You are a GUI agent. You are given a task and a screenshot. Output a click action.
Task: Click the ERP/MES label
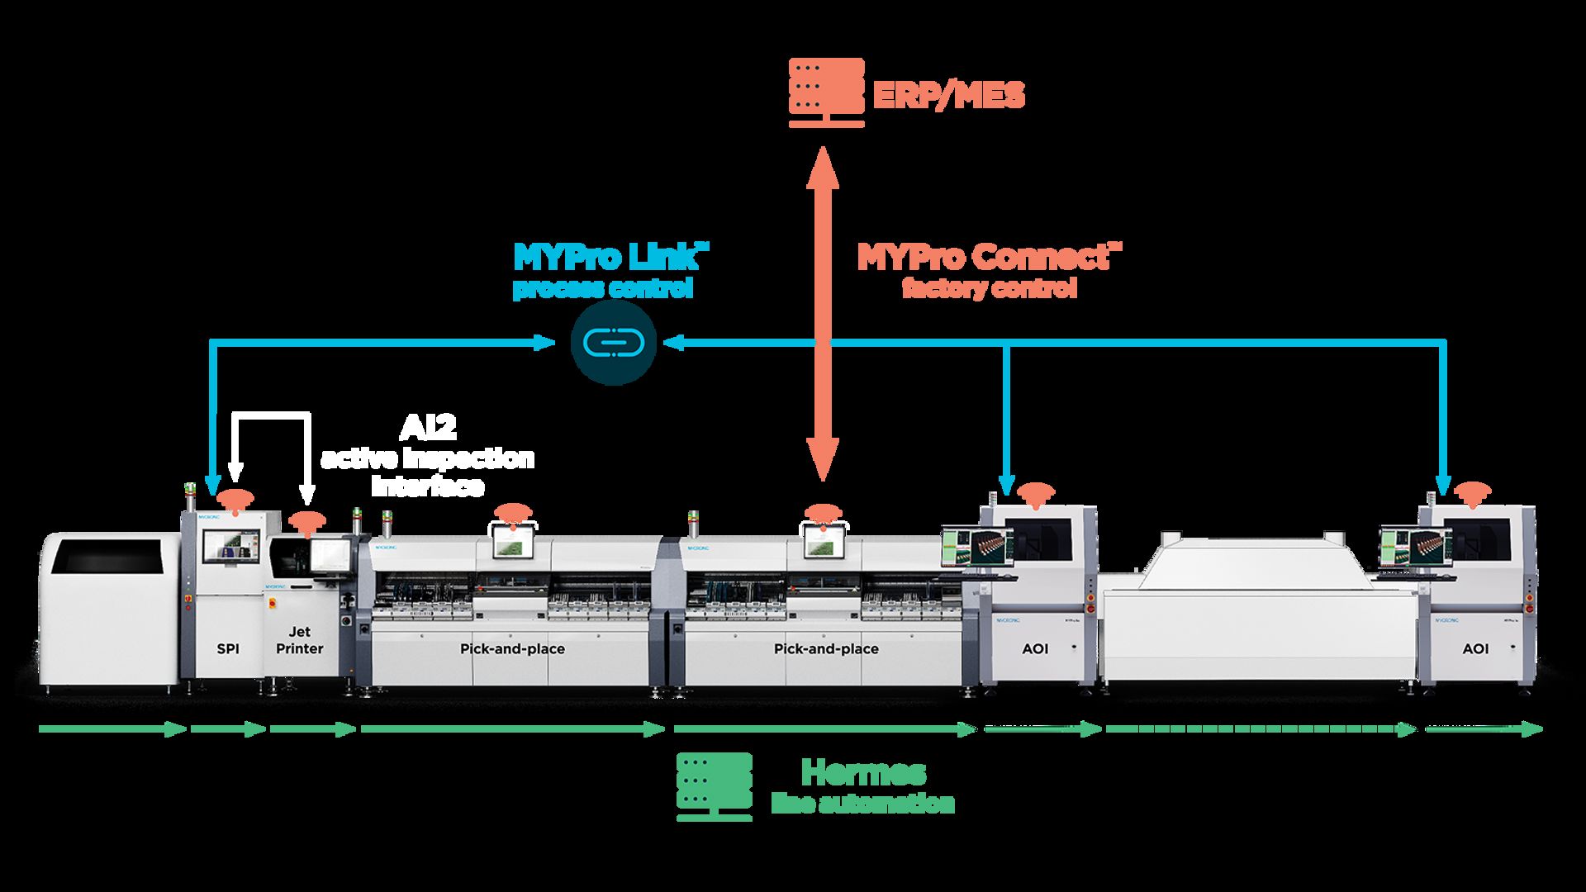tap(948, 95)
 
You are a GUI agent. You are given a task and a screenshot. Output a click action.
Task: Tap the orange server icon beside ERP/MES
tap(826, 92)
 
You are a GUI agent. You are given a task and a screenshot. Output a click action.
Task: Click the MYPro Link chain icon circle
tap(613, 342)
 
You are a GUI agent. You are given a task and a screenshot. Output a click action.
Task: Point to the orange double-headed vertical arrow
tap(821, 314)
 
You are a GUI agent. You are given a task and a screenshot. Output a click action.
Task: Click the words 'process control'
tap(602, 290)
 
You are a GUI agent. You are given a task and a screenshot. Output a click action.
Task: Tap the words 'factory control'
tap(989, 289)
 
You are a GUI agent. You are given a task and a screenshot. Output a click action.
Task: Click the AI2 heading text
tap(428, 427)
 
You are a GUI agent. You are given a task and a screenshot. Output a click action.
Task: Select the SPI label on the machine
tap(228, 649)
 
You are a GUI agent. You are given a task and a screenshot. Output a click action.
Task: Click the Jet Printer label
tap(299, 641)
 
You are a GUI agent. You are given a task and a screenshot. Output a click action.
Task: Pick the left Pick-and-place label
tap(512, 649)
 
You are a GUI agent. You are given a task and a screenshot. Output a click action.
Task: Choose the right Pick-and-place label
tap(826, 649)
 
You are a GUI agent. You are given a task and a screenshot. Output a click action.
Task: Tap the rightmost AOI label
tap(1475, 649)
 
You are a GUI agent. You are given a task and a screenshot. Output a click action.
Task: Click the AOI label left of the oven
tap(1035, 649)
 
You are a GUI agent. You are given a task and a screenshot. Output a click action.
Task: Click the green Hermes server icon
tap(715, 785)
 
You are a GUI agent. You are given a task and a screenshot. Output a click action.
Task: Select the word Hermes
tap(863, 772)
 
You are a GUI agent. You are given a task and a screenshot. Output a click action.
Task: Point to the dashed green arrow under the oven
tap(1261, 729)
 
